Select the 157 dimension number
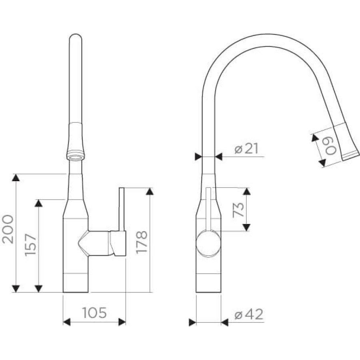30,245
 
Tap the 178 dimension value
142,242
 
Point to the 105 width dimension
94,312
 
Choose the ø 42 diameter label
249,314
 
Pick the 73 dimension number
238,210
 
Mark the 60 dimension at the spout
331,146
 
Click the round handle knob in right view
208,243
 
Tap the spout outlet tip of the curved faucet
350,157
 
